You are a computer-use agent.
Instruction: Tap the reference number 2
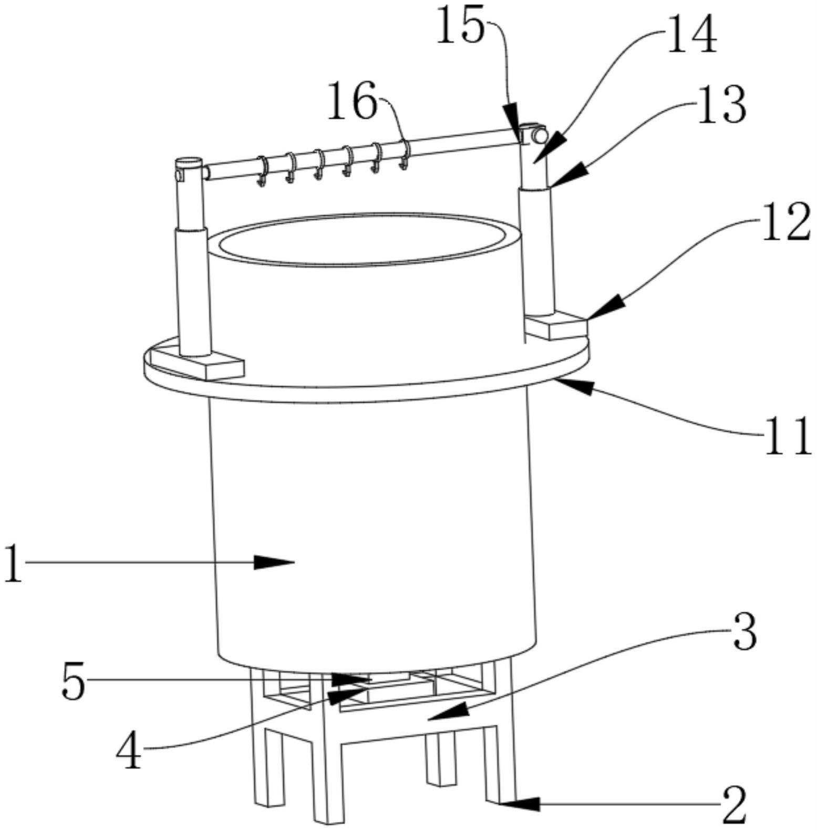tap(734, 806)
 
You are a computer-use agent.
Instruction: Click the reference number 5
tap(73, 681)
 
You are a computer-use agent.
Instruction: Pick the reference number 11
tap(787, 436)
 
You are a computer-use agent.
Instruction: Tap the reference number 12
tap(785, 222)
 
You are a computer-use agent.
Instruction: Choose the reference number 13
tap(721, 105)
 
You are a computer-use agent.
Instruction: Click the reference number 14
tap(691, 34)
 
